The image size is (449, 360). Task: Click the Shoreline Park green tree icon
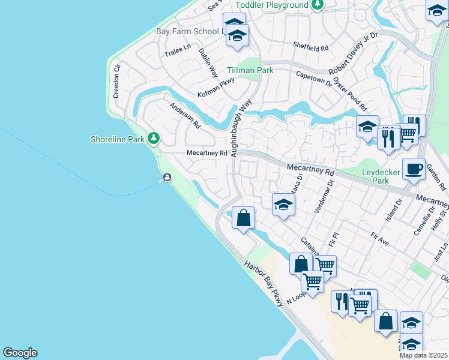pos(154,139)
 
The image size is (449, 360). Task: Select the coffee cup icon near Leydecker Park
pos(414,169)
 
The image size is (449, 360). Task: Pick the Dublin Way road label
pos(208,62)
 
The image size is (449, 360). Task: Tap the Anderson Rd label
pos(185,116)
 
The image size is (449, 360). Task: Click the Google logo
pos(20,353)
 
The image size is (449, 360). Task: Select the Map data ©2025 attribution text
pos(423,355)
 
